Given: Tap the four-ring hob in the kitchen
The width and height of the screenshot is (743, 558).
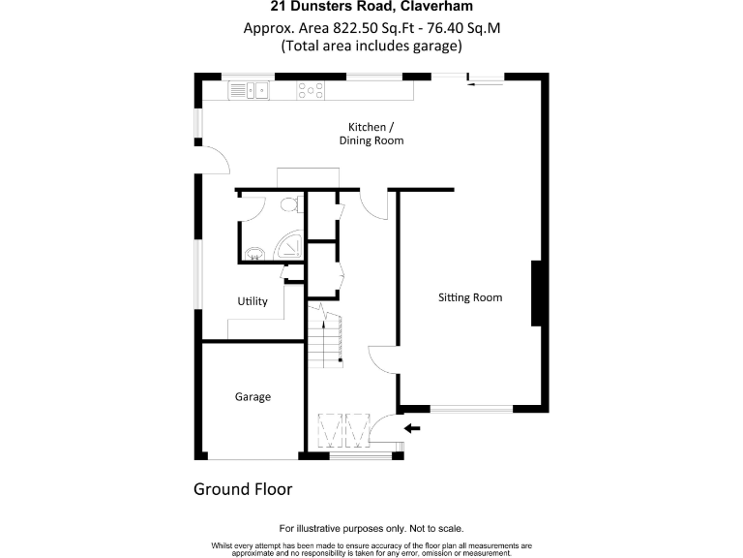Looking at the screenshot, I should tap(311, 91).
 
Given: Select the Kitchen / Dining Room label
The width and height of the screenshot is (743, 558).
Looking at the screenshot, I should tap(371, 134).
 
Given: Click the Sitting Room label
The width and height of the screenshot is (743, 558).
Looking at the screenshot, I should tap(470, 297).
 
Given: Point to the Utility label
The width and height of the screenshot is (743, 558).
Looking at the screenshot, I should tap(253, 301).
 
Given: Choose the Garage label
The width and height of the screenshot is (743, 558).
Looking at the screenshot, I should tap(253, 396).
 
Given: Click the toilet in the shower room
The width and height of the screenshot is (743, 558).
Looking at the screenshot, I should tap(287, 205).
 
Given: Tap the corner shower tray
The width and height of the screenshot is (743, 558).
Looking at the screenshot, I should tap(290, 248).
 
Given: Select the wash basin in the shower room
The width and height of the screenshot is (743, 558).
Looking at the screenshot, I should tap(253, 254).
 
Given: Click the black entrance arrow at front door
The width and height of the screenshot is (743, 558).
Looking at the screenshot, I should tap(412, 428).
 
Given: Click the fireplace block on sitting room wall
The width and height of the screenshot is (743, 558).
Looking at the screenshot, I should tap(534, 294).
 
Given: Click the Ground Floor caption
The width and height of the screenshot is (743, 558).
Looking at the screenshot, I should tap(243, 489).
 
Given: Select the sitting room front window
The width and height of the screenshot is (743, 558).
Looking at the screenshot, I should tap(471, 409).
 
